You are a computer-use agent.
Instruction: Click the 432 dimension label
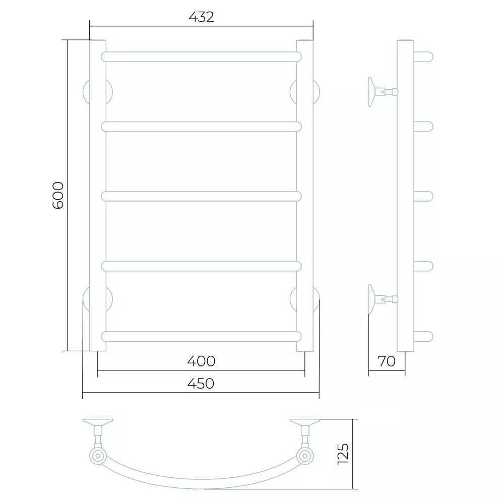click(201, 17)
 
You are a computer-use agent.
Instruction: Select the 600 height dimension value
click(58, 196)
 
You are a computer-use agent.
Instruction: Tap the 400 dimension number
click(201, 361)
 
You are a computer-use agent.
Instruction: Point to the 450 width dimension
click(201, 384)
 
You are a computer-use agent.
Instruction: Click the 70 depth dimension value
click(387, 361)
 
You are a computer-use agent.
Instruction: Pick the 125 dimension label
click(343, 454)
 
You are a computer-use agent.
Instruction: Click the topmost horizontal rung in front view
click(201, 57)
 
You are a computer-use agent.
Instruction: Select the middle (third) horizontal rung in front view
click(201, 197)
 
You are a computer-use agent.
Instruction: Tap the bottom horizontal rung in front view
click(201, 337)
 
